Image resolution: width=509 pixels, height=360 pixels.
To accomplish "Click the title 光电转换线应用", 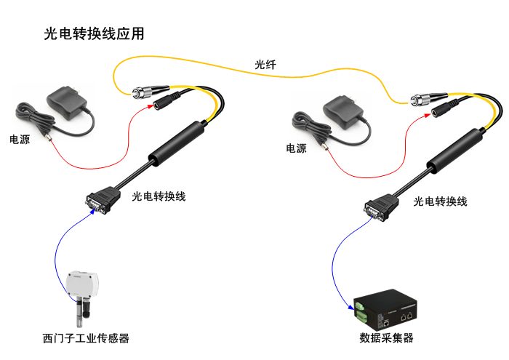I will coord(94,34).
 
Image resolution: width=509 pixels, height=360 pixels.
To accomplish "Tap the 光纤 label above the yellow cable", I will coord(265,65).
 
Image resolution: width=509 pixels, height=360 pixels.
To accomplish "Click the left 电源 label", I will coord(20,138).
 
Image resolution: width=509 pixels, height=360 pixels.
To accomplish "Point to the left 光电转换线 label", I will coord(159,196).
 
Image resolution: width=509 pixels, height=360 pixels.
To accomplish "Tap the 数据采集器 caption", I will coord(386,338).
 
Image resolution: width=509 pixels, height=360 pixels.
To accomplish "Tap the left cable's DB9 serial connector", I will coord(96,201).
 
